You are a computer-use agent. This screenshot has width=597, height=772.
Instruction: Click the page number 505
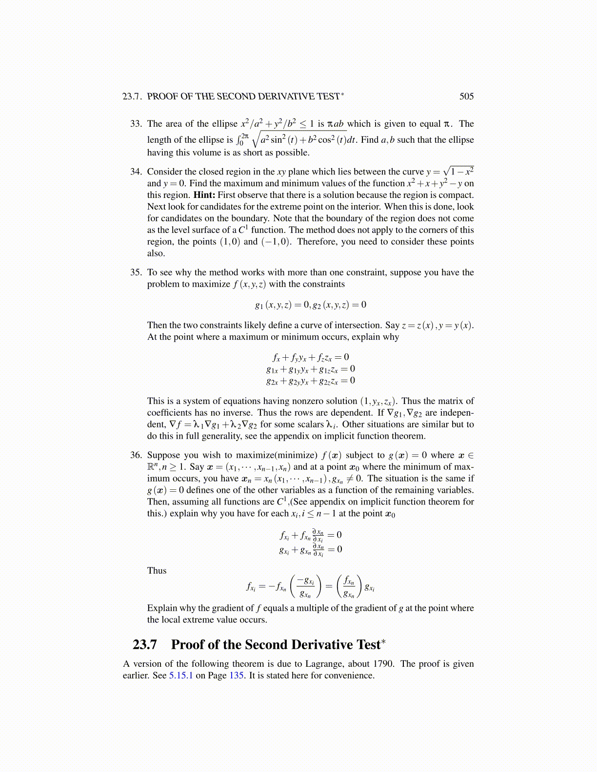[x=466, y=96]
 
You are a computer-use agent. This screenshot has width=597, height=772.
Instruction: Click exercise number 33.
[x=136, y=123]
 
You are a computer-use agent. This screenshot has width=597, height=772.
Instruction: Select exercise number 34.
[x=136, y=172]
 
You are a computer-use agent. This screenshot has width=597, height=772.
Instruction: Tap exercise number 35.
[x=136, y=272]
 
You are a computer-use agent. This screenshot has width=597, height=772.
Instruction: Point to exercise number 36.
[x=136, y=455]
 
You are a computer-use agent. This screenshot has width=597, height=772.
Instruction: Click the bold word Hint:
[x=204, y=195]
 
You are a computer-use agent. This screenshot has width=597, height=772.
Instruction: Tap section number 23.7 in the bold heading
[x=145, y=645]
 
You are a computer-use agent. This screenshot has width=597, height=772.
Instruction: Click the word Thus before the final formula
[x=157, y=571]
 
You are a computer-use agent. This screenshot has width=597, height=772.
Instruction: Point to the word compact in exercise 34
[x=456, y=195]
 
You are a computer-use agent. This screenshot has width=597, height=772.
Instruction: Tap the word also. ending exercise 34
[x=156, y=253]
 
